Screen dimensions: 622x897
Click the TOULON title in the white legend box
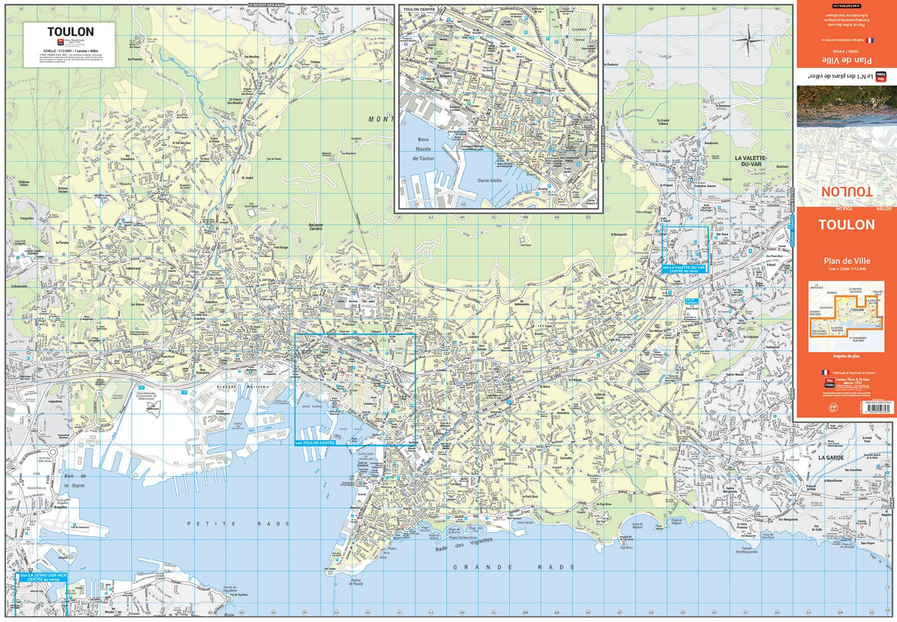(x=70, y=32)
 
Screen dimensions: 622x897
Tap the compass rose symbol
(x=747, y=41)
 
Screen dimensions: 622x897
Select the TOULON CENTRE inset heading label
(x=419, y=10)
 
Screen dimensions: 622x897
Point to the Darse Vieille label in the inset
(x=490, y=180)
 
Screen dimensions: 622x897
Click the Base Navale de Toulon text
(x=423, y=149)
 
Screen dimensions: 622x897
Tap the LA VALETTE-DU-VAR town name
(x=751, y=161)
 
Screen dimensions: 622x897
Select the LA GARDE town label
(x=831, y=458)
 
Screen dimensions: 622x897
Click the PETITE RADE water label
(x=238, y=524)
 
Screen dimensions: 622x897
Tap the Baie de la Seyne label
(x=75, y=481)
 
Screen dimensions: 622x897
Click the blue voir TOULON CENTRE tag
(x=315, y=443)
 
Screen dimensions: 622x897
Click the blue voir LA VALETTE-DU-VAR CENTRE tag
(x=684, y=269)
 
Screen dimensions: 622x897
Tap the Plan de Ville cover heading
(x=846, y=261)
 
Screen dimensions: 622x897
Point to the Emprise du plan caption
(x=846, y=356)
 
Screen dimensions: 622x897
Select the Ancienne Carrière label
(x=315, y=227)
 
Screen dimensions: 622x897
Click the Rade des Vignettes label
(x=463, y=544)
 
